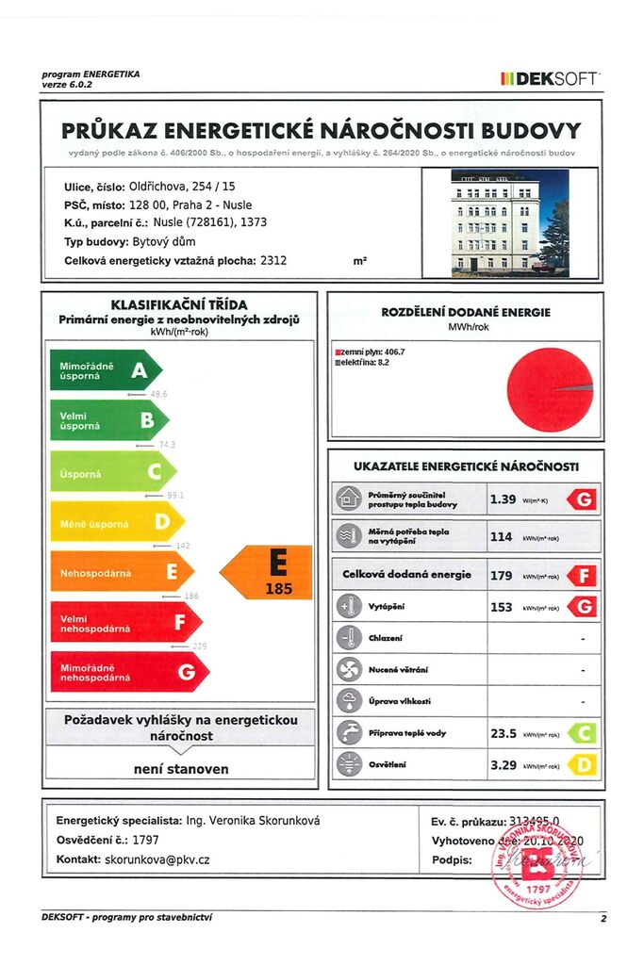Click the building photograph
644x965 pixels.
click(509, 223)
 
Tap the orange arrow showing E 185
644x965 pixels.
click(267, 572)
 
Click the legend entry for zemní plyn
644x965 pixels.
click(371, 352)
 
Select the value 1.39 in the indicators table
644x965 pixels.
click(503, 499)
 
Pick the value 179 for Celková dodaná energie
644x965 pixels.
click(501, 575)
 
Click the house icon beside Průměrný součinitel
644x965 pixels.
click(349, 499)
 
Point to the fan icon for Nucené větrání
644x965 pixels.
click(349, 669)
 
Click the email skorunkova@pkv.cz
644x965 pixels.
click(157, 859)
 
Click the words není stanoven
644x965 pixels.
click(180, 769)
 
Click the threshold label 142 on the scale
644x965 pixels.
click(184, 546)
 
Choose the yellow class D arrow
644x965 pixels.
click(116, 521)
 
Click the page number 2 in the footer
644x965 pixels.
click(603, 917)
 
